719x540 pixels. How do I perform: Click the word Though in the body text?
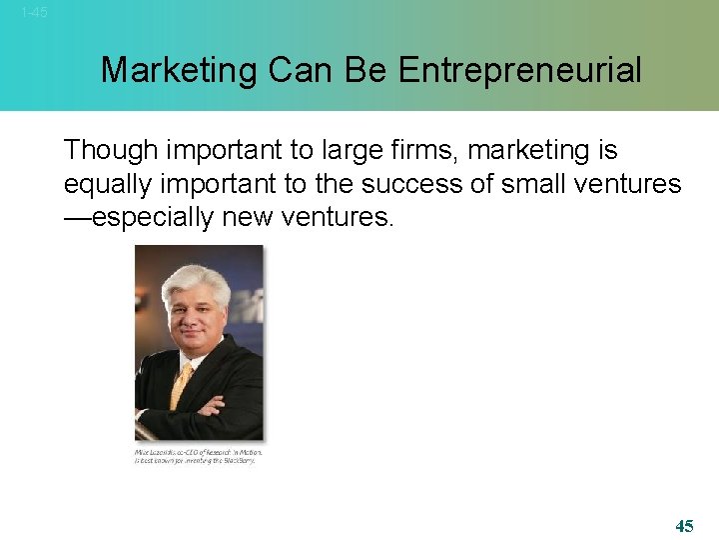(x=112, y=151)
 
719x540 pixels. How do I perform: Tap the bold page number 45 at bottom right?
(x=684, y=526)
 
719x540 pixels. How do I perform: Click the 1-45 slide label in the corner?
(x=34, y=13)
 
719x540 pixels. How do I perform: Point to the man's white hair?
(x=195, y=279)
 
